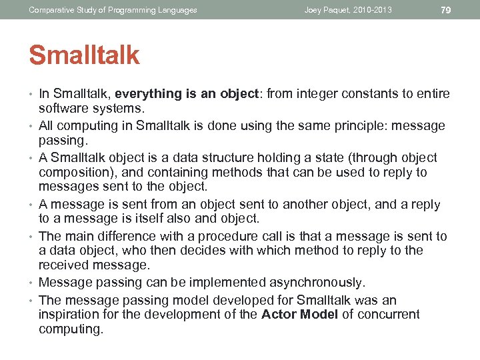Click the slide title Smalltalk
coord(84,55)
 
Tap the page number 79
coord(447,9)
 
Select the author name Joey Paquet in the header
coord(329,10)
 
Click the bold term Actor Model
coord(299,315)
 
